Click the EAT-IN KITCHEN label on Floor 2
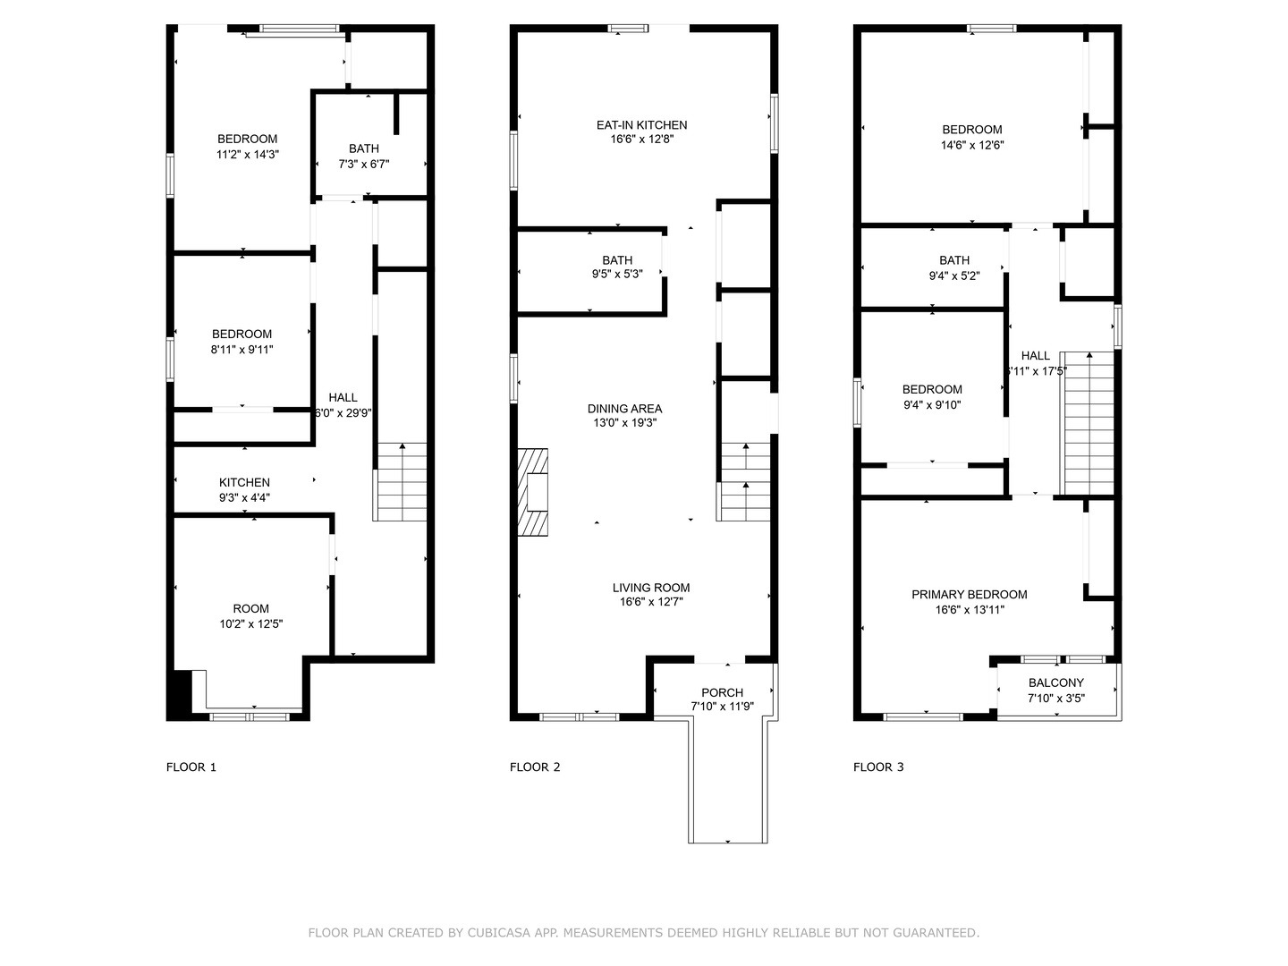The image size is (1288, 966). tap(641, 125)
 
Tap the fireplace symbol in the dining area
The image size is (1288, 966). tap(533, 492)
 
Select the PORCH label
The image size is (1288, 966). tap(722, 692)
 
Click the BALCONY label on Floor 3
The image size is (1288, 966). tap(1055, 682)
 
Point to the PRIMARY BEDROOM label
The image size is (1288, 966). tap(969, 595)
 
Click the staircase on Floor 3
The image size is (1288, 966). tap(1087, 422)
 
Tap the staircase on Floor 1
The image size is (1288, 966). tap(402, 482)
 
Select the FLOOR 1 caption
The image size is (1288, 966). tap(191, 767)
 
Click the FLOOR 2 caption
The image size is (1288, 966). tap(535, 767)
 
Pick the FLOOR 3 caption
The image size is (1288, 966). tap(878, 767)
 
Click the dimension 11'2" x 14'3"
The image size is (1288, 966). tap(247, 155)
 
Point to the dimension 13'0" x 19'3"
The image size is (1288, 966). tap(624, 423)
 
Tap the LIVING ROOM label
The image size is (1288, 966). tap(651, 588)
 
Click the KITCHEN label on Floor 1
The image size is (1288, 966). tap(244, 483)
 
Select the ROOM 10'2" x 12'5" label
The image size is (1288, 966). tap(250, 609)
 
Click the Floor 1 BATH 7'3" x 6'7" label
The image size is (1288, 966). tap(364, 148)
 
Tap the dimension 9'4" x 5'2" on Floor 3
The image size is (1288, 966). tap(954, 276)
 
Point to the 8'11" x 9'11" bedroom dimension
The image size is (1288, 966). tap(241, 350)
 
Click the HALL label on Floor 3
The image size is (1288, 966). tap(1036, 356)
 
